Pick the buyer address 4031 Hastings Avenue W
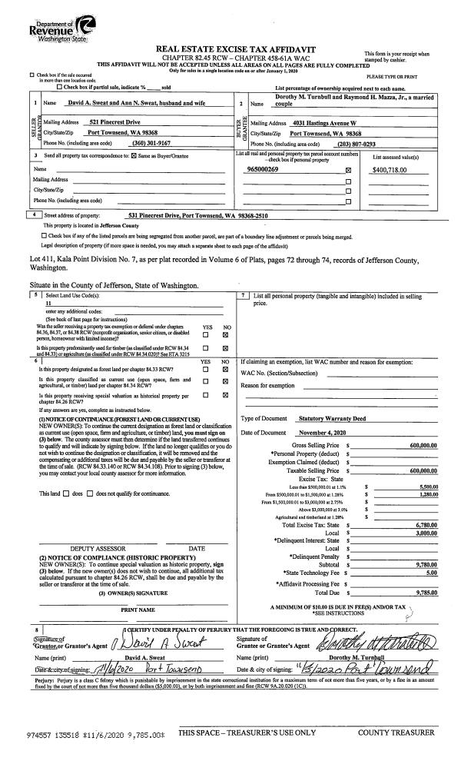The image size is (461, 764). coord(330,123)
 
